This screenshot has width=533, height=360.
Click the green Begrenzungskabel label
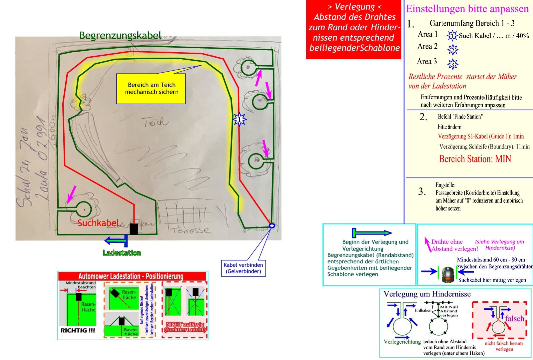(x=120, y=35)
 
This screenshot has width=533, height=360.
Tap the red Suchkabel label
(x=98, y=223)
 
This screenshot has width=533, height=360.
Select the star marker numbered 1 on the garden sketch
(x=239, y=119)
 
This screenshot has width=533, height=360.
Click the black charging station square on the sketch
(x=134, y=229)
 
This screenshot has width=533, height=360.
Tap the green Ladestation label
(x=122, y=253)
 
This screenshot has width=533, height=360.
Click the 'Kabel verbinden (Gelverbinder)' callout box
(x=244, y=268)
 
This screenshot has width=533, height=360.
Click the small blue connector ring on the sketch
(x=272, y=226)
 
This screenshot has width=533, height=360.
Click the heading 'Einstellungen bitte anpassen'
(x=467, y=9)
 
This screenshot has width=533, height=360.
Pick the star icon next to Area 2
(x=453, y=50)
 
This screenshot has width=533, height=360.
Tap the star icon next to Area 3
(x=453, y=64)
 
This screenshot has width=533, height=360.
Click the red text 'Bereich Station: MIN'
(x=475, y=159)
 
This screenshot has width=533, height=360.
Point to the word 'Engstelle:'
(x=445, y=185)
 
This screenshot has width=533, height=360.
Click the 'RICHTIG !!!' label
(x=78, y=331)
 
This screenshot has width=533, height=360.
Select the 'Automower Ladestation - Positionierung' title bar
(x=131, y=276)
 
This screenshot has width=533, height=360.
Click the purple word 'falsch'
(x=514, y=318)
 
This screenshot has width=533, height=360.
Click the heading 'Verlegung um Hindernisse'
(x=427, y=294)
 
